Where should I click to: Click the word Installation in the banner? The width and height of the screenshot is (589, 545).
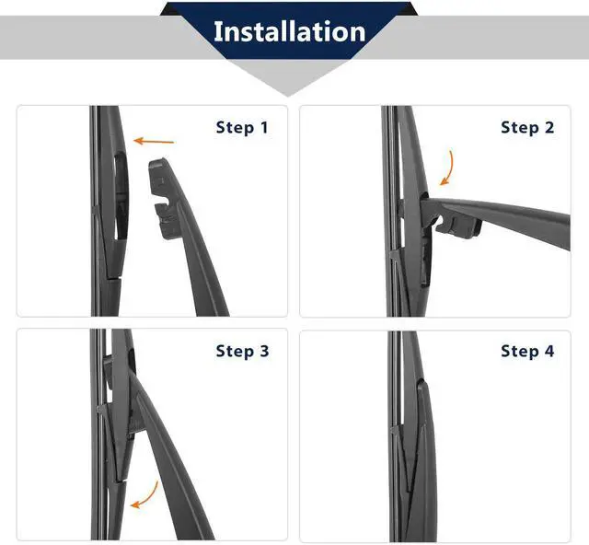coord(289,31)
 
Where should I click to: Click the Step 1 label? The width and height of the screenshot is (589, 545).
coord(242,127)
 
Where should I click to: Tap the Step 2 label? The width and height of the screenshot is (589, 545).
coord(527,127)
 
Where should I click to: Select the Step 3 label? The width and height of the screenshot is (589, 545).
coord(242,351)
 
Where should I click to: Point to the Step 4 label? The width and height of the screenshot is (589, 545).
coord(527,351)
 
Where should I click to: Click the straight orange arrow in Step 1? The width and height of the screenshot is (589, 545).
coord(154,142)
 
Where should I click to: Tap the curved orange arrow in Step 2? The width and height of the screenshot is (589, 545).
coord(449,168)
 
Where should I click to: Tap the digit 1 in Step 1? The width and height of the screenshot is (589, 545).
coord(264,127)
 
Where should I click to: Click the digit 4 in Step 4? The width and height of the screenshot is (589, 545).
coord(549,351)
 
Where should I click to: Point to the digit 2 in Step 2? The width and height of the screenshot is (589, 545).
coord(549,127)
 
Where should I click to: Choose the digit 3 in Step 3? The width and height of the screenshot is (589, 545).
coord(264,351)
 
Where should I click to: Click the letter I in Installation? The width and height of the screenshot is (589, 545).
coord(217,31)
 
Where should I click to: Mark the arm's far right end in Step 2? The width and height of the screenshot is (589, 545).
coord(569,232)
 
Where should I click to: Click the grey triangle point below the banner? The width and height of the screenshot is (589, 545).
coord(288,96)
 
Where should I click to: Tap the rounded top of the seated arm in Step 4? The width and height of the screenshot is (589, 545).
coord(422,382)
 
